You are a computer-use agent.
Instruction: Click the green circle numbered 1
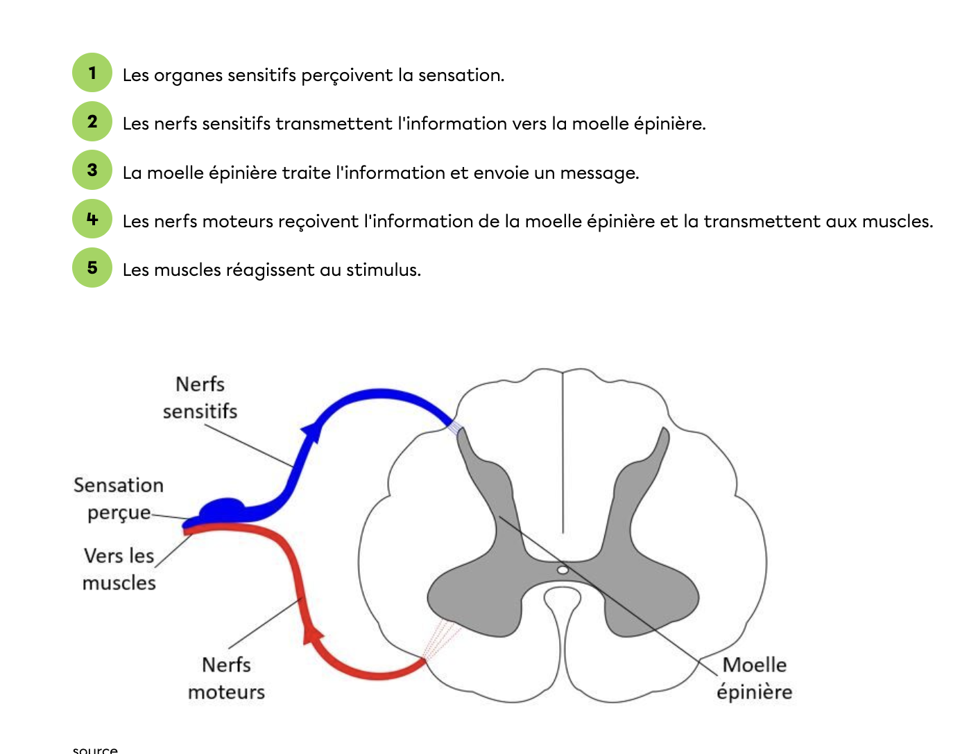[92, 73]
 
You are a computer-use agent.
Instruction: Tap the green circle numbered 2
[92, 121]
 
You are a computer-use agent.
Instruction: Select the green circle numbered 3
[92, 170]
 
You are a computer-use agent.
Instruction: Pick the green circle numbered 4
[92, 219]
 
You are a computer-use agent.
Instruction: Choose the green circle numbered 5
[92, 268]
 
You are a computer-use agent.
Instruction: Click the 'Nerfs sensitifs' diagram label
[200, 398]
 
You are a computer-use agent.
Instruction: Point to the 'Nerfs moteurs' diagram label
[226, 678]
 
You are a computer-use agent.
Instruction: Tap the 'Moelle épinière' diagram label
[755, 678]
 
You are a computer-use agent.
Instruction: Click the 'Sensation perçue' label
[119, 498]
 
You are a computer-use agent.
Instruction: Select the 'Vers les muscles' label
[119, 569]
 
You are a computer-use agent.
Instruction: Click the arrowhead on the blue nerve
[312, 431]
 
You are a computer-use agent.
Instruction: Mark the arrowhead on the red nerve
[313, 633]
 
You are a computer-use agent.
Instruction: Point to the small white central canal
[563, 570]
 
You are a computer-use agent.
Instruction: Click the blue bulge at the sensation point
[222, 508]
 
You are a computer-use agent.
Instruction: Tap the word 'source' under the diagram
[95, 749]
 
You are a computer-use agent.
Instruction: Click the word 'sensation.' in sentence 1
[461, 75]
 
